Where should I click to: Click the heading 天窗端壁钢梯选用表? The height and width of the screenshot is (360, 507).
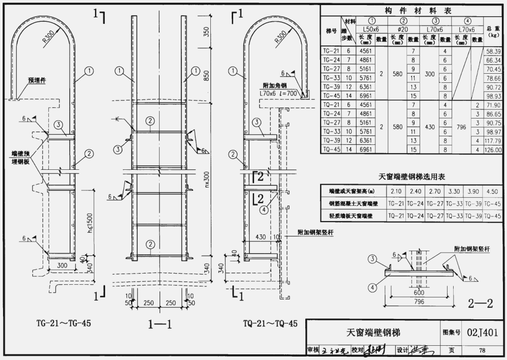(412, 177)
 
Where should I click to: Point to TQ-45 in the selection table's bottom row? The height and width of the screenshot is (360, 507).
(492, 216)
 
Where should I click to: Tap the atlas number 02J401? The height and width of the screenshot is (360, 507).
(482, 332)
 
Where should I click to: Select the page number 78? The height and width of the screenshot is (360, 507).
(482, 350)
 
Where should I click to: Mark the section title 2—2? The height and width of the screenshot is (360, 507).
(480, 304)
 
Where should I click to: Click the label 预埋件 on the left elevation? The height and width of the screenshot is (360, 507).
(36, 81)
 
